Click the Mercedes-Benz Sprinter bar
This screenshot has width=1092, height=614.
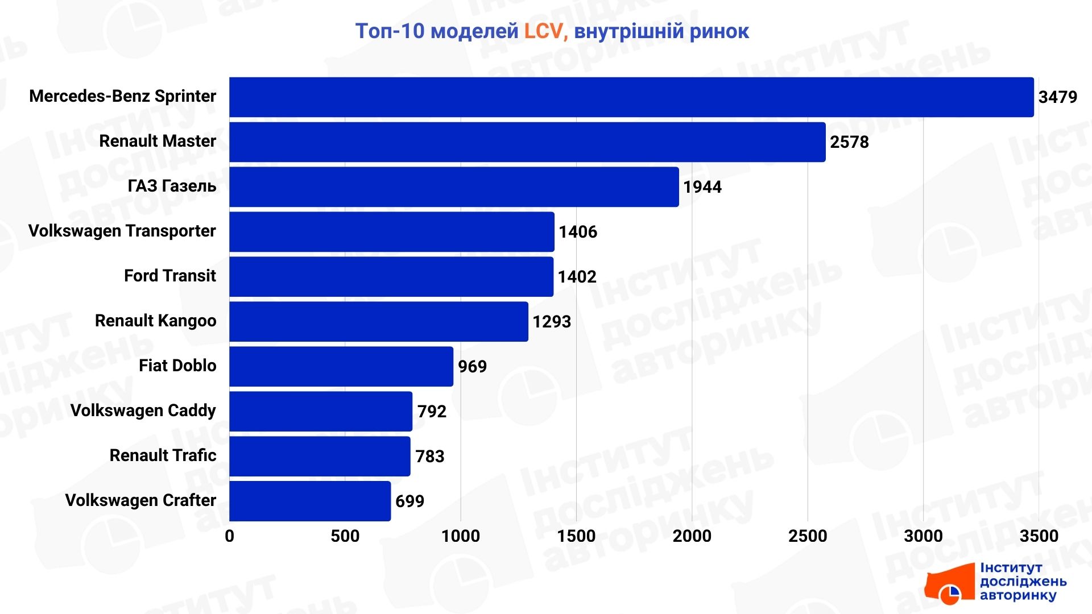631,97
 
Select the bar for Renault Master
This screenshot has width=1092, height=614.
527,142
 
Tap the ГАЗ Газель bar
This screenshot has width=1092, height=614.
454,187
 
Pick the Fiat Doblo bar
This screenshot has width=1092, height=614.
341,367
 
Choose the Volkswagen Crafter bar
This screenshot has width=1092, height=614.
310,501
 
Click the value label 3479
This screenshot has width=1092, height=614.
1057,97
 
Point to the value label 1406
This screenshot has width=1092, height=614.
578,232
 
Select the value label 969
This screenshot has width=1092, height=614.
472,367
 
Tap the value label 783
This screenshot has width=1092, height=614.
429,457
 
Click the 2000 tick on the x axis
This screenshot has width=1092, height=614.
692,536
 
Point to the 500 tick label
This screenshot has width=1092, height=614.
345,536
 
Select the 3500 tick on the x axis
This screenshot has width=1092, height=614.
1039,536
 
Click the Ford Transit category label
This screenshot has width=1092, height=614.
169,276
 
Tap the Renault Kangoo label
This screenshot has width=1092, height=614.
155,321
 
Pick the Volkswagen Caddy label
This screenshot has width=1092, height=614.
143,410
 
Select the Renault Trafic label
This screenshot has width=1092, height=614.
163,455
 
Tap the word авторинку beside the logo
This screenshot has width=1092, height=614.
1017,595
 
